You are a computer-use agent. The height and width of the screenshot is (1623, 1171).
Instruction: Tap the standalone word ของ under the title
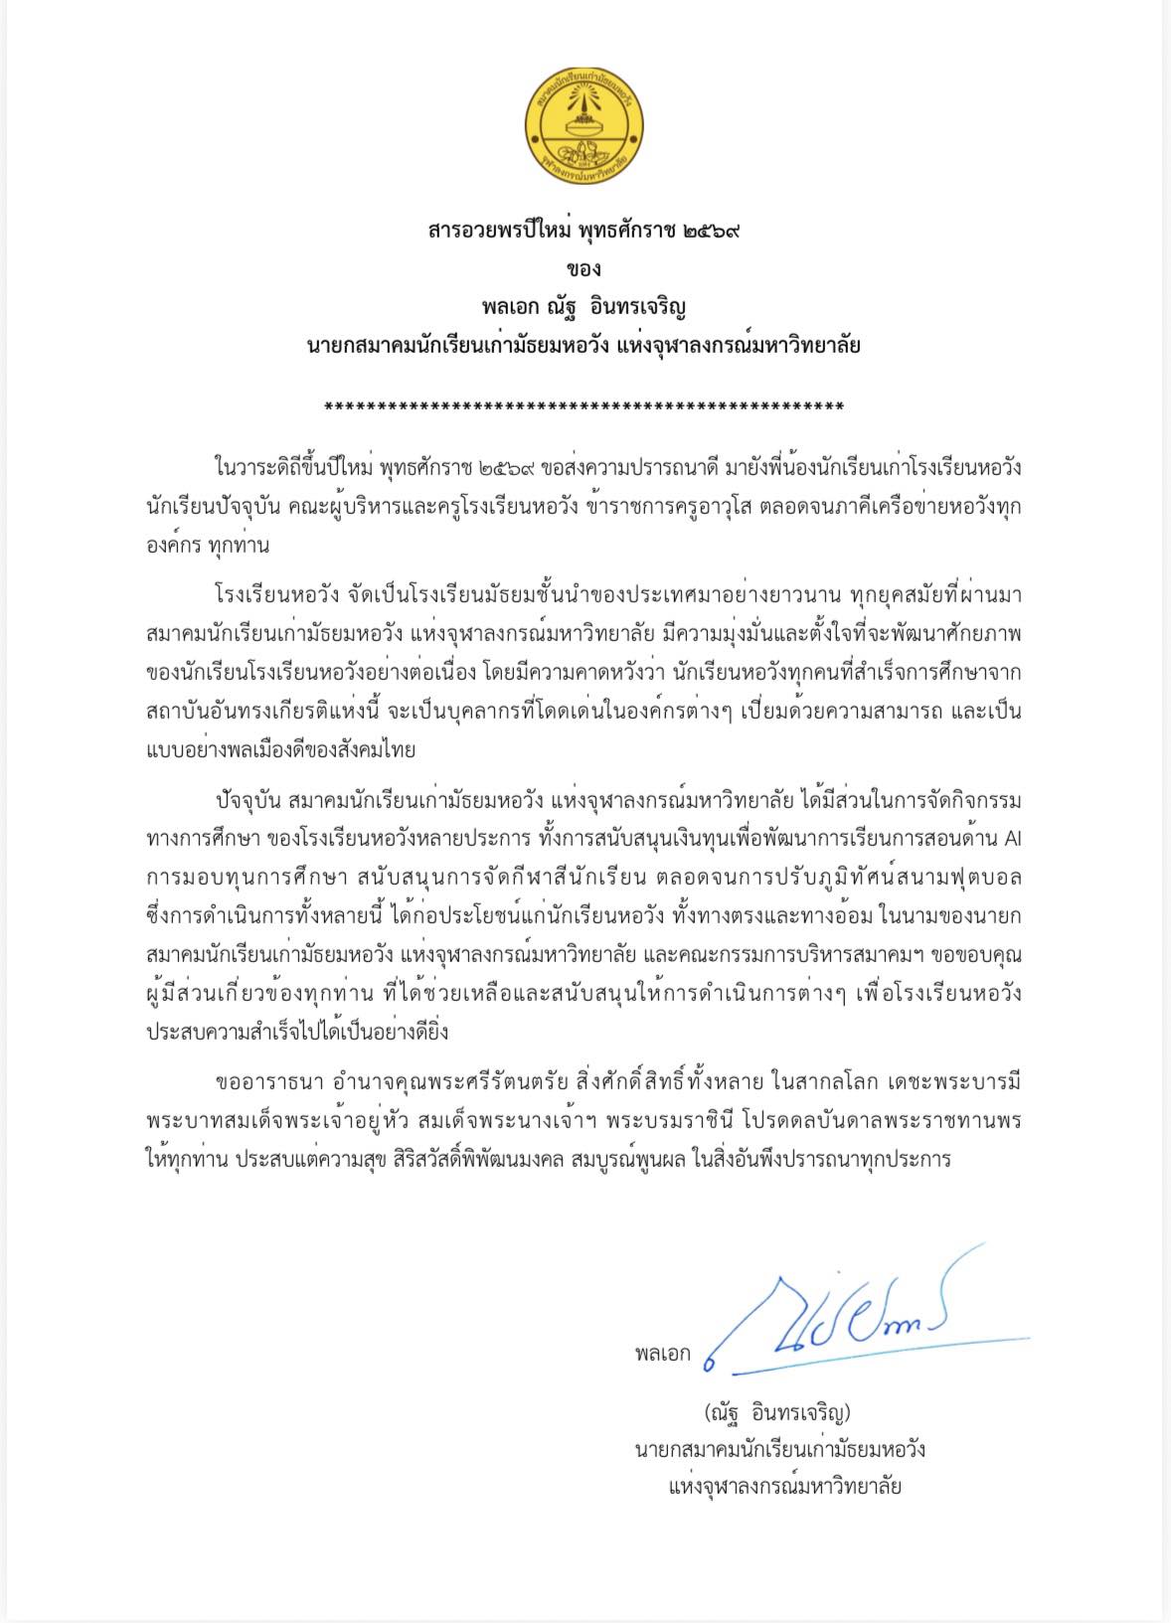tap(585, 269)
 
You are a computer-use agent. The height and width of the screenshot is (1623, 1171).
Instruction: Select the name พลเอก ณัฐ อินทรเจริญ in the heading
tap(585, 307)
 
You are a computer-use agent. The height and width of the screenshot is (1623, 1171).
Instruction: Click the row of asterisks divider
tap(585, 408)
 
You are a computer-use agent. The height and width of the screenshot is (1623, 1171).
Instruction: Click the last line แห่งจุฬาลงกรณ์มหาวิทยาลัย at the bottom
tap(784, 1488)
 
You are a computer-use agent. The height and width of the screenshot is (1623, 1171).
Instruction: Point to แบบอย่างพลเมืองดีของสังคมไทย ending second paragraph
tap(280, 750)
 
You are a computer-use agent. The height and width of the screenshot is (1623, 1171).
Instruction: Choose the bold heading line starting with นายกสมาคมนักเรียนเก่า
tap(585, 346)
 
